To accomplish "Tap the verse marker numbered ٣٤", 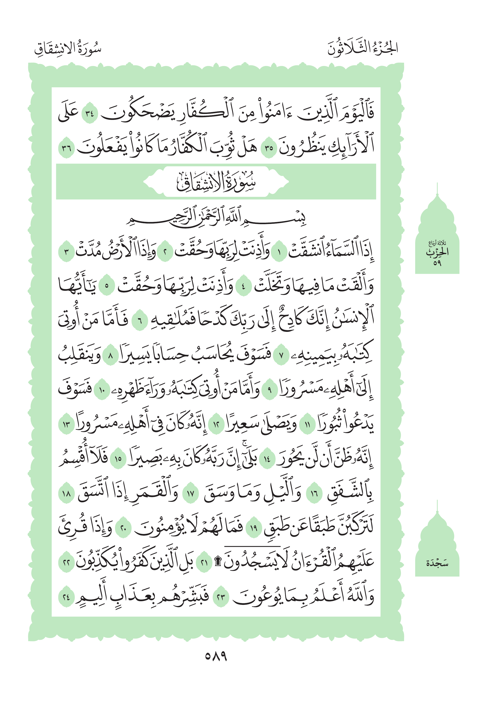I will pos(90,114).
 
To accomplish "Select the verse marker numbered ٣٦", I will pos(66,148).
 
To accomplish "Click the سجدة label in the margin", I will pos(437,563).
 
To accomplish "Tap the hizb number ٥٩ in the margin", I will pos(437,263).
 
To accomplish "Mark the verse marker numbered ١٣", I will pos(66,425).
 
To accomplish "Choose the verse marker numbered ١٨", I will pos(66,494).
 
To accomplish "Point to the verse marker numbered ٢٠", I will pos(123,528).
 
